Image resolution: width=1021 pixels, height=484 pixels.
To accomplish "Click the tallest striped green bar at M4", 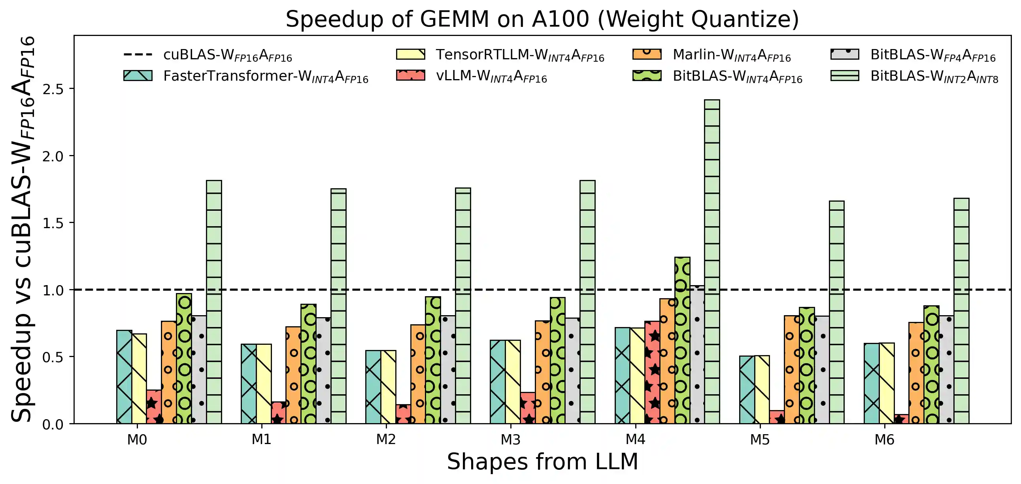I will click(x=712, y=262).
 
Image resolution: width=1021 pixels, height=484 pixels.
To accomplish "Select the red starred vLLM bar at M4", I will click(x=652, y=372).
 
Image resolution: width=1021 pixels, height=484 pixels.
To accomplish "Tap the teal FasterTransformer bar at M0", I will click(x=124, y=376).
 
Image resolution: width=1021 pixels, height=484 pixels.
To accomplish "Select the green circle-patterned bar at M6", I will click(x=931, y=365).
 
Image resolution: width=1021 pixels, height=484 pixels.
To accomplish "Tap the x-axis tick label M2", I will click(x=386, y=440).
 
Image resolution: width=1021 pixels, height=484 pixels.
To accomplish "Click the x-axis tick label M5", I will click(x=759, y=440).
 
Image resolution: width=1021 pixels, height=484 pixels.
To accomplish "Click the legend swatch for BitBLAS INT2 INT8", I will click(x=845, y=76).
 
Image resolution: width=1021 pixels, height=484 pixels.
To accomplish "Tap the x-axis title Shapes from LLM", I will click(x=542, y=462).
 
